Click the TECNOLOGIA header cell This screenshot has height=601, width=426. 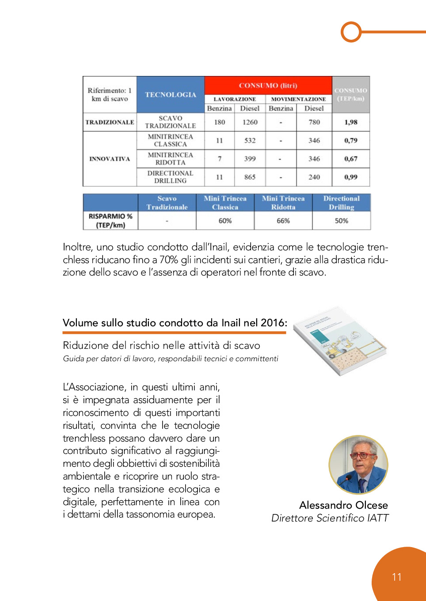pos(171,94)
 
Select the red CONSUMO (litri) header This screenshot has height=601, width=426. pos(268,85)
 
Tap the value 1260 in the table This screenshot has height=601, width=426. pos(250,122)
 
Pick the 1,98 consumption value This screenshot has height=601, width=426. pos(351,122)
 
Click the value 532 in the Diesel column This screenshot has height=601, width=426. pos(250,140)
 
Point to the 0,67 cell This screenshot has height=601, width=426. pos(351,159)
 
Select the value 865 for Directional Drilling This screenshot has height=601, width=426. pos(250,177)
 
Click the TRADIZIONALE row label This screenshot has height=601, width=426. pos(110,122)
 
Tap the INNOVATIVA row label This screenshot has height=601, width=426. pos(110,159)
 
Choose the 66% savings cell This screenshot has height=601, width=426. pos(283,221)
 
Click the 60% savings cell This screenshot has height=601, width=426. pos(225,221)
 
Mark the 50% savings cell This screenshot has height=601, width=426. pos(341,221)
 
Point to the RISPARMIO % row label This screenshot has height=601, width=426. pos(110,221)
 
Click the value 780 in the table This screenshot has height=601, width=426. pos(314,122)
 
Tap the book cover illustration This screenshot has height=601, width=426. pos(339,341)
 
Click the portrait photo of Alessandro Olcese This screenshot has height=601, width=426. pos(358,465)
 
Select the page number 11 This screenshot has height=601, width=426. pos(397,577)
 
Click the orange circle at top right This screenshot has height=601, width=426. pos(351,32)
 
